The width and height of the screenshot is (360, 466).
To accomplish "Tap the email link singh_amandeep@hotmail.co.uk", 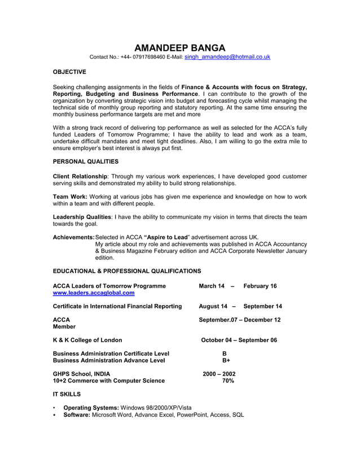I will (x=227, y=57).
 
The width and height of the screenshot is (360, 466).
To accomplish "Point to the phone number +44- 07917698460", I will (x=141, y=57).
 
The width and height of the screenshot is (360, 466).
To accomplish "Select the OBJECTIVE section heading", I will (x=69, y=72).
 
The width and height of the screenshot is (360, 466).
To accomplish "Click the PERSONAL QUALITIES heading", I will (x=85, y=161).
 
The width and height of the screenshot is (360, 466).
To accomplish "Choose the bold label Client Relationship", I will (x=80, y=177).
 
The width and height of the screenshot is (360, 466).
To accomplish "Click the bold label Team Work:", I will (x=70, y=197).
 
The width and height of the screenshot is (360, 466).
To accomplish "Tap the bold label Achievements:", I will (x=73, y=238).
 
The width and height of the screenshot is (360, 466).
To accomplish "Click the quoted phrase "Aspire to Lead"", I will (x=166, y=238).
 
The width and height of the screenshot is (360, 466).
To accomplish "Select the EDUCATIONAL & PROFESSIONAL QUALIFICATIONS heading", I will (x=126, y=271).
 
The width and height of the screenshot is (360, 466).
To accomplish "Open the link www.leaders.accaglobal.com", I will (x=94, y=293).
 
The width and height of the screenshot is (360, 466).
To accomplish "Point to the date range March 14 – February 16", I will (x=238, y=286).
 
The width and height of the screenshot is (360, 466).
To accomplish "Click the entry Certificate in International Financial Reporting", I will (x=117, y=306).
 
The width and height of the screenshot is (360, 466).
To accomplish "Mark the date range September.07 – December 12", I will (x=239, y=320).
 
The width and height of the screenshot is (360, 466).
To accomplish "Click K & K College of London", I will (x=87, y=340).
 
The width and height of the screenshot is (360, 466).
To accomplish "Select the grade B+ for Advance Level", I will (x=226, y=361).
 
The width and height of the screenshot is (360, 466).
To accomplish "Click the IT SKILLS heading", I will (x=67, y=394).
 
